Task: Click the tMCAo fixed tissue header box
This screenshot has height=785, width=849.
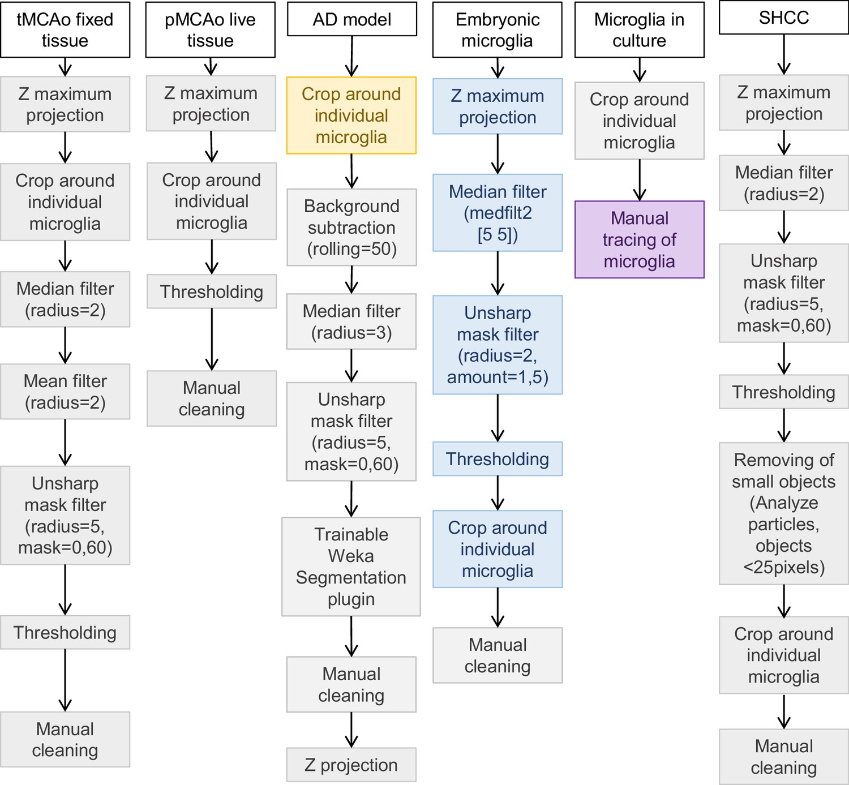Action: click(x=65, y=29)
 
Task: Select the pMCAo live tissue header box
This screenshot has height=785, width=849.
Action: click(x=211, y=29)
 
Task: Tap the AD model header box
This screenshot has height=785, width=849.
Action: click(x=352, y=19)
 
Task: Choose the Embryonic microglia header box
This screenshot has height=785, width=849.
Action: click(x=497, y=29)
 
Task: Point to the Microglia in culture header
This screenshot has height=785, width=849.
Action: click(x=640, y=29)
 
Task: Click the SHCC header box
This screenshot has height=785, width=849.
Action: click(x=784, y=18)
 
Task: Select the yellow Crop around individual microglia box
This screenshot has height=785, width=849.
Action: click(x=351, y=115)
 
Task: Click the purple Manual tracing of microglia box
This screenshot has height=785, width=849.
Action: click(x=640, y=239)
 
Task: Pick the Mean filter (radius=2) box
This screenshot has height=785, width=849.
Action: click(x=65, y=392)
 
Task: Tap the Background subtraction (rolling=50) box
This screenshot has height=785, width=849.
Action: click(x=352, y=228)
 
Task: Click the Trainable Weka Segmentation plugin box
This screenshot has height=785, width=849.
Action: click(x=351, y=567)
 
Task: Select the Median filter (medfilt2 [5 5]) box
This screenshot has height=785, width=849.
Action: click(x=498, y=212)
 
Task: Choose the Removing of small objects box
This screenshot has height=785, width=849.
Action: click(x=784, y=513)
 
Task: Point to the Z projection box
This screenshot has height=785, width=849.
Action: click(x=351, y=765)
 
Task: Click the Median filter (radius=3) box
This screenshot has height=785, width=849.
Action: click(x=351, y=321)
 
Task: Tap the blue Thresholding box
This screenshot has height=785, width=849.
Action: click(x=498, y=459)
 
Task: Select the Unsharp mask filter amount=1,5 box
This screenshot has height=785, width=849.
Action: click(x=498, y=345)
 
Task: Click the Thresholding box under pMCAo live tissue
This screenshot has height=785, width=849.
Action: click(x=212, y=291)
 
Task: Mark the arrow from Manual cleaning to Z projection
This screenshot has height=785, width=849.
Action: click(x=351, y=730)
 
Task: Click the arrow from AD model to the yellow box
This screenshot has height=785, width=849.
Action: click(x=352, y=57)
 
